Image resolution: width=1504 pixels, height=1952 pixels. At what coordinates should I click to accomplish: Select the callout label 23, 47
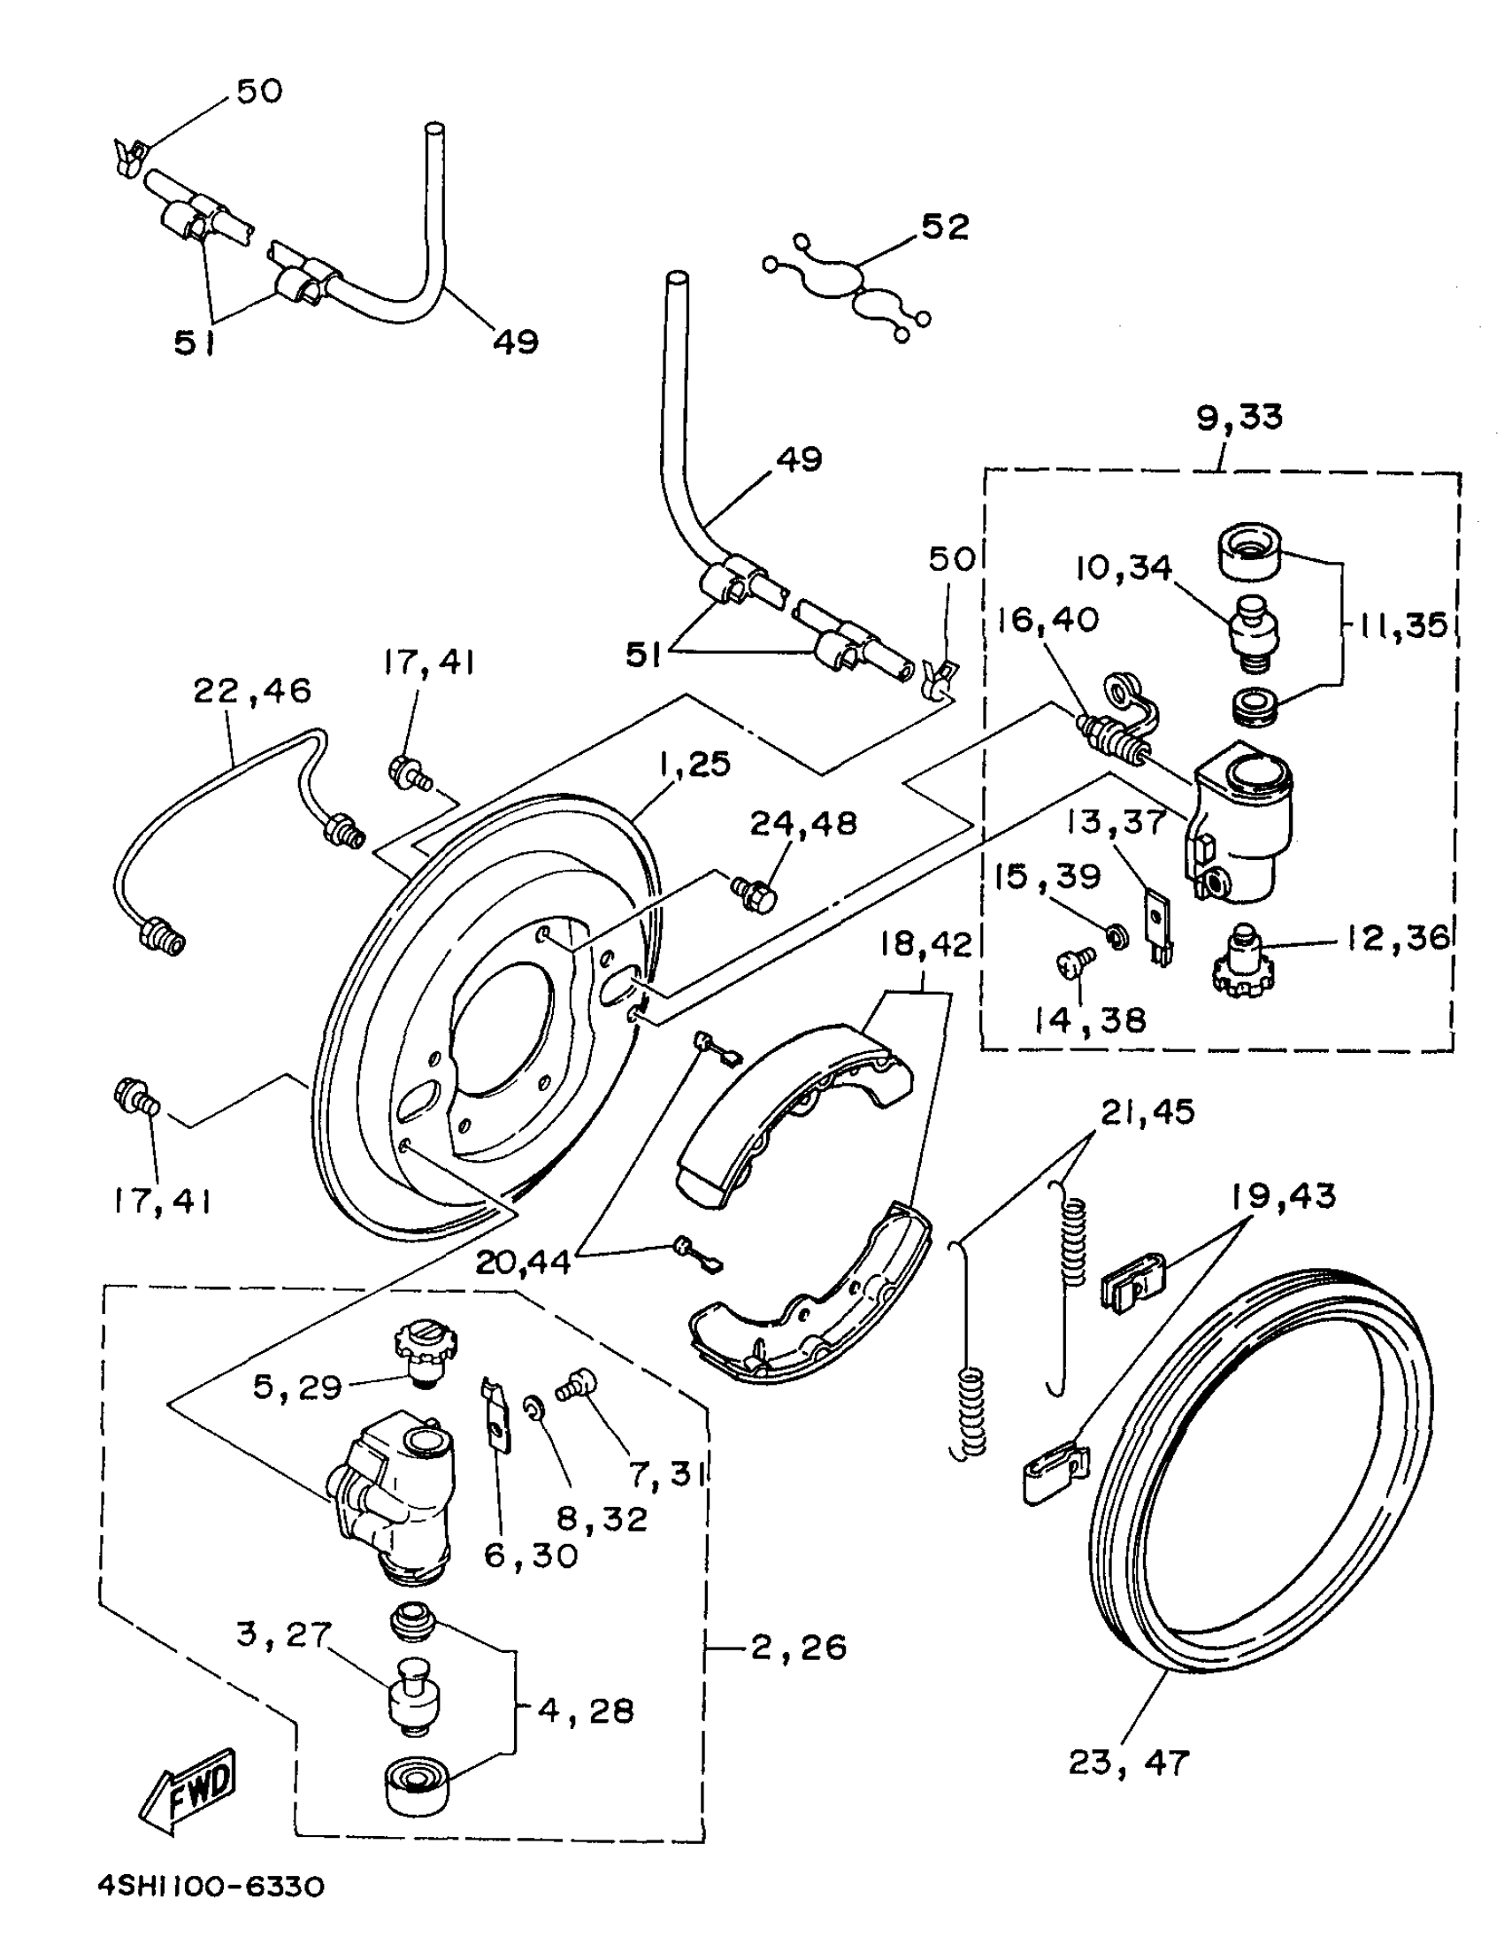1129,1763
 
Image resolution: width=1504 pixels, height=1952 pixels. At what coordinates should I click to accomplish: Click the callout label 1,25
694,765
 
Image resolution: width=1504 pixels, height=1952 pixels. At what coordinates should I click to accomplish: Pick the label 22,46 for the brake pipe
253,690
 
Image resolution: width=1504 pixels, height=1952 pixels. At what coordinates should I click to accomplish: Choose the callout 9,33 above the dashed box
1239,418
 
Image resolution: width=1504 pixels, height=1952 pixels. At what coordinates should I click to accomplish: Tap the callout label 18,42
925,944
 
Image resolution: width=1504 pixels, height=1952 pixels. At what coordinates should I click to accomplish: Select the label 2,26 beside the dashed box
798,1647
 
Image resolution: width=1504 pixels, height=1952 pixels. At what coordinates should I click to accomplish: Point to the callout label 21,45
1147,1112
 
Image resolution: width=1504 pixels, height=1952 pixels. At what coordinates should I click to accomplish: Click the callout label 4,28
586,1710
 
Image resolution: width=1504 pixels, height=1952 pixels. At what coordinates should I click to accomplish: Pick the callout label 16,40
1047,619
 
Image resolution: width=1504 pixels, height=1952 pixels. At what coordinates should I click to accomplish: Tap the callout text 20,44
523,1262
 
